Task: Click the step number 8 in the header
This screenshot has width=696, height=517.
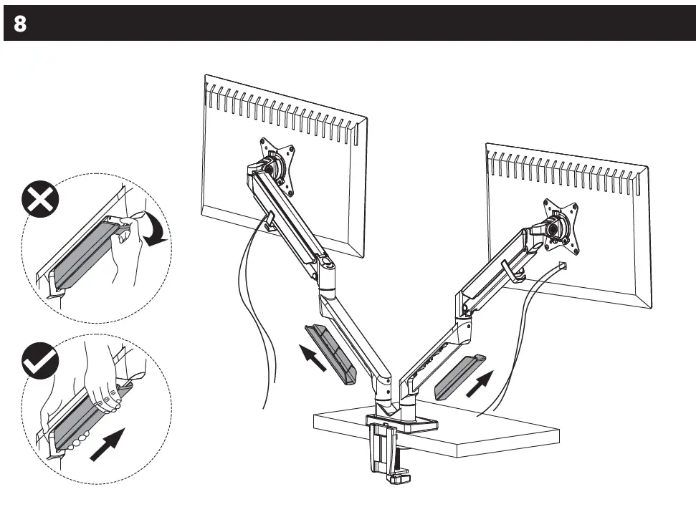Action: (x=20, y=24)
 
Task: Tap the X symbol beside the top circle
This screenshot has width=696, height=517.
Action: (x=39, y=200)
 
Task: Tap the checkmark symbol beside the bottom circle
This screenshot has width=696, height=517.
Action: (x=39, y=362)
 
